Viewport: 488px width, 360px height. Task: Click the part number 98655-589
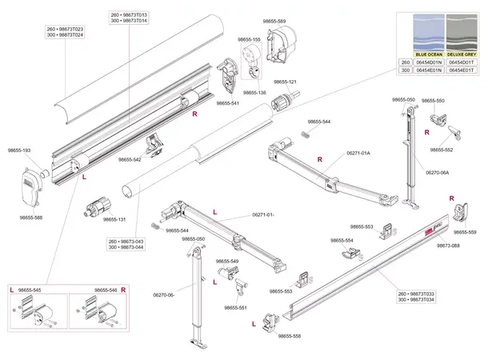click(x=271, y=21)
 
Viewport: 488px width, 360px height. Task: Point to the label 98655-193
click(x=19, y=150)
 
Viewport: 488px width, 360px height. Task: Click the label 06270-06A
click(x=437, y=173)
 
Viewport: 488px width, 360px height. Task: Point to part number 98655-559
click(x=461, y=232)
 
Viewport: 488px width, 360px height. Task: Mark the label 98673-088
click(x=447, y=246)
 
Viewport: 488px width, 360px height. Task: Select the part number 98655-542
click(x=130, y=159)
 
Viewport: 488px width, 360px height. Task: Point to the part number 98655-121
click(x=286, y=82)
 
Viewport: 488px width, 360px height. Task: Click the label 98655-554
click(x=342, y=240)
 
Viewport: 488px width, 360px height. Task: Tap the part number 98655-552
click(x=440, y=150)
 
